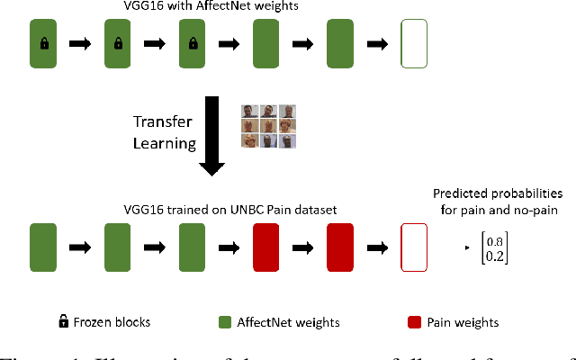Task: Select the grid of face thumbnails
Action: click(x=268, y=126)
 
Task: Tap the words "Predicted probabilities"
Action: click(x=498, y=193)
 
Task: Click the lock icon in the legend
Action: click(x=63, y=320)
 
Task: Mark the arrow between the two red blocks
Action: click(x=306, y=247)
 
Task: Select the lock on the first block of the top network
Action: click(x=44, y=43)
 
